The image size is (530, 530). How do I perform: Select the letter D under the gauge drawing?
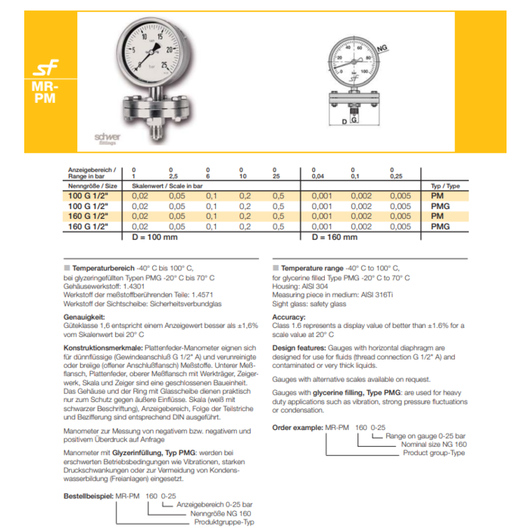tap(344, 122)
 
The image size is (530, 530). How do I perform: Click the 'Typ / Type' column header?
tap(444, 185)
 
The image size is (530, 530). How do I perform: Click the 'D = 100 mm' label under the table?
tap(155, 237)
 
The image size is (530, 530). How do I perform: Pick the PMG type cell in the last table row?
tap(441, 226)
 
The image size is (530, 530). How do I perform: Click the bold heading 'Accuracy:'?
tap(288, 317)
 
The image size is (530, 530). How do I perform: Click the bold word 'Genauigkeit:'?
tap(83, 317)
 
